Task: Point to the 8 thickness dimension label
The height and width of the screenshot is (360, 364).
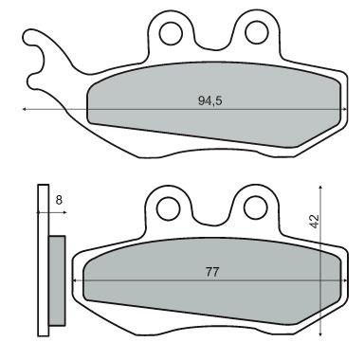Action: point(59,200)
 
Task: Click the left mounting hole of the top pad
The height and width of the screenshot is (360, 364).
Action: point(172,33)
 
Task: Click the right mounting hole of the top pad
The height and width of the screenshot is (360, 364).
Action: point(254,33)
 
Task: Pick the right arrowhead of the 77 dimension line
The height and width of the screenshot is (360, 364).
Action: point(335,281)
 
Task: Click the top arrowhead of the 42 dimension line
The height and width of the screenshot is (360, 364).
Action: point(322,185)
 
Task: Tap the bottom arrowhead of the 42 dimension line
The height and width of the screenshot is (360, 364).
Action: point(322,334)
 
